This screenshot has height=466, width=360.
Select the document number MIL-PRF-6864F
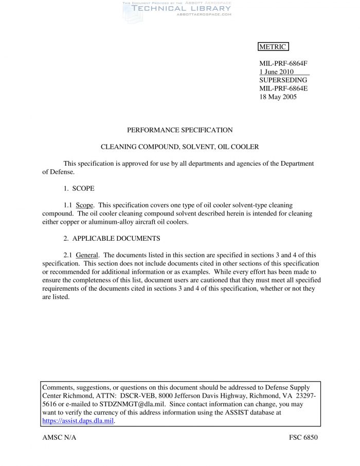(283, 64)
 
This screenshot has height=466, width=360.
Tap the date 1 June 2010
(276, 72)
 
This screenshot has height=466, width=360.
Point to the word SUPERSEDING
(283, 80)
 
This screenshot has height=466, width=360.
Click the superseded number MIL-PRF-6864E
(283, 88)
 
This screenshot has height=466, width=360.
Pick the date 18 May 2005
(278, 97)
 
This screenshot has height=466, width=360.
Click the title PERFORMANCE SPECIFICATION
(179, 130)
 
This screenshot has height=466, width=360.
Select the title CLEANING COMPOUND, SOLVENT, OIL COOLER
(179, 147)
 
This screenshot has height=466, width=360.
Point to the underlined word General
(87, 255)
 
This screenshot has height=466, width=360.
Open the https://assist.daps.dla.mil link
(77, 420)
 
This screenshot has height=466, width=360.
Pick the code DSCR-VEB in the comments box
(136, 396)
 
